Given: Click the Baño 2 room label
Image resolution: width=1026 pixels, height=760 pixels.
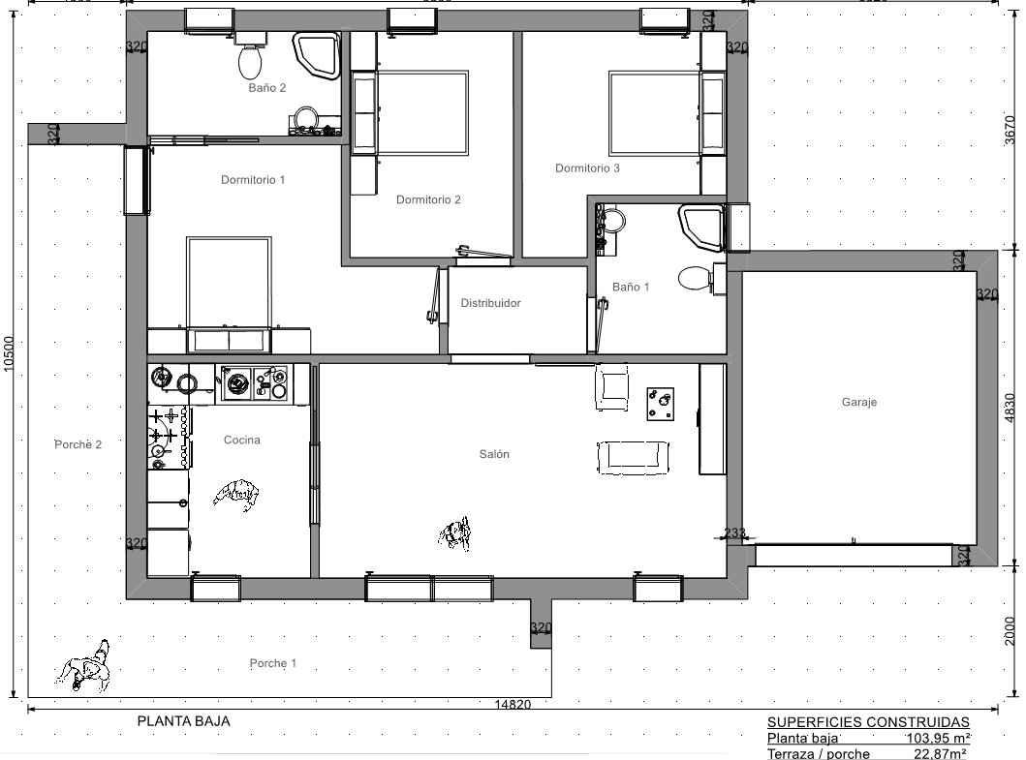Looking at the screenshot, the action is (267, 88).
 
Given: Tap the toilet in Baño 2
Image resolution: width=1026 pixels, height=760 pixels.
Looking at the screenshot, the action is (250, 55).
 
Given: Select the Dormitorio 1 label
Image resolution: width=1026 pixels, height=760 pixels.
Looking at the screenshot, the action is (253, 180).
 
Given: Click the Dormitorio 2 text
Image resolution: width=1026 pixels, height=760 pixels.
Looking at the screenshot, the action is (428, 199).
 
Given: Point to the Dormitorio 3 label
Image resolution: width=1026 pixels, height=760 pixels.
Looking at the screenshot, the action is (587, 168).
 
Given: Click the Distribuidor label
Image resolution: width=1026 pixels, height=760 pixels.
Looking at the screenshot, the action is (491, 303).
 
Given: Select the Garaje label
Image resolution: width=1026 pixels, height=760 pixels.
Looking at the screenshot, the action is (859, 402).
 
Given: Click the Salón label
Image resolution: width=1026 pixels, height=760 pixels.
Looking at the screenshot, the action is (494, 454).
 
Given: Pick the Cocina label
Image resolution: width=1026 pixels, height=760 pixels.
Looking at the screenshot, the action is (242, 441).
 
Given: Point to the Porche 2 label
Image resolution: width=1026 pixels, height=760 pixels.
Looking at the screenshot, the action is (78, 444).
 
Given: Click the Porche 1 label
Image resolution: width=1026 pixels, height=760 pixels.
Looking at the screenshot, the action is (273, 663).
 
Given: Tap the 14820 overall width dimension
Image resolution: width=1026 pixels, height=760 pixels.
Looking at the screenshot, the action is (513, 705).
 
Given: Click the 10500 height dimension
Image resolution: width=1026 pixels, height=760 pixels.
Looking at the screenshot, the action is (9, 353).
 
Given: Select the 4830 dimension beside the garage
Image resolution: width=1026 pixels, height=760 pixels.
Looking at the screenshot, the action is (1010, 409).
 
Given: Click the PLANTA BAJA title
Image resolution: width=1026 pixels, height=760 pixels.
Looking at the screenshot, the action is (184, 721).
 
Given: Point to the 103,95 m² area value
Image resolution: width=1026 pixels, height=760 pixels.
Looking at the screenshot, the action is (938, 739).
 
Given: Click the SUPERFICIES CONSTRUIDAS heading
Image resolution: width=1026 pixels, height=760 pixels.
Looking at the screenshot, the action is (868, 722).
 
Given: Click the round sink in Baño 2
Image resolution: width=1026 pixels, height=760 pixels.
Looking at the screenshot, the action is (305, 119).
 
